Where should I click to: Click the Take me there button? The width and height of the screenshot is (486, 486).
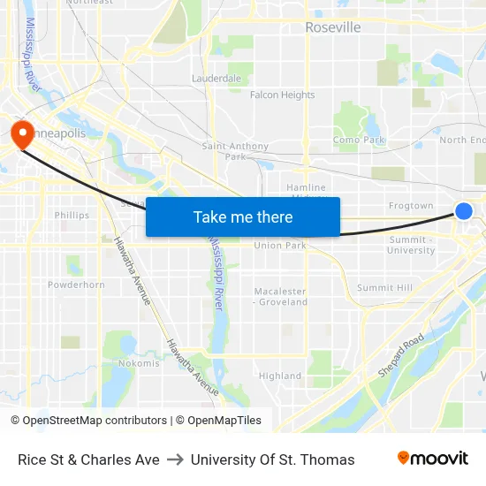pos(243,217)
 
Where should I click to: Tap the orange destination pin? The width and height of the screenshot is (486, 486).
pos(21,134)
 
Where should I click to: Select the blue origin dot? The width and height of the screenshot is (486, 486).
pos(463,210)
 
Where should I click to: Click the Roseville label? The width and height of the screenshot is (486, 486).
pos(333,27)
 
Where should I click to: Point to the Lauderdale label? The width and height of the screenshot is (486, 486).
pos(216,79)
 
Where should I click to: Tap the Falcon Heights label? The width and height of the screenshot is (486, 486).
pos(282,95)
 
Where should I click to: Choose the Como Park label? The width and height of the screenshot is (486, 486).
pos(359,140)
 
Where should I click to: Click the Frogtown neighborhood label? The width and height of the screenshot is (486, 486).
pos(411,206)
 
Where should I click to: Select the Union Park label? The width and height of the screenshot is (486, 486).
pos(279,246)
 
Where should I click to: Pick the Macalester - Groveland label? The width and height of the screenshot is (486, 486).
pos(281,296)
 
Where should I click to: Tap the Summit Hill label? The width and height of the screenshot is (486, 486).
pos(384,288)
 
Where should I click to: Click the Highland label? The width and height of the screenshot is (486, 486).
pos(280,376)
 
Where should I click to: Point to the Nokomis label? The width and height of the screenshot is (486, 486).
pos(139,363)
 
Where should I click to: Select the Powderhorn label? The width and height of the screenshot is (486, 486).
pos(76,285)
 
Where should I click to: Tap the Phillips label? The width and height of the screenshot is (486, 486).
pos(72,215)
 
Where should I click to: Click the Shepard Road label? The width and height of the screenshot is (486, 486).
pos(401,355)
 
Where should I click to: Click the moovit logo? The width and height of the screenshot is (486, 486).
pos(432,459)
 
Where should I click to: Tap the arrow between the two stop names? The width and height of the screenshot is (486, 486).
pos(175,459)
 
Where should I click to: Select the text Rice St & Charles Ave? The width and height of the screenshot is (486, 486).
pos(88,459)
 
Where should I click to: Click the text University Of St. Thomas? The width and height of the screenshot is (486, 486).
pos(272,459)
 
